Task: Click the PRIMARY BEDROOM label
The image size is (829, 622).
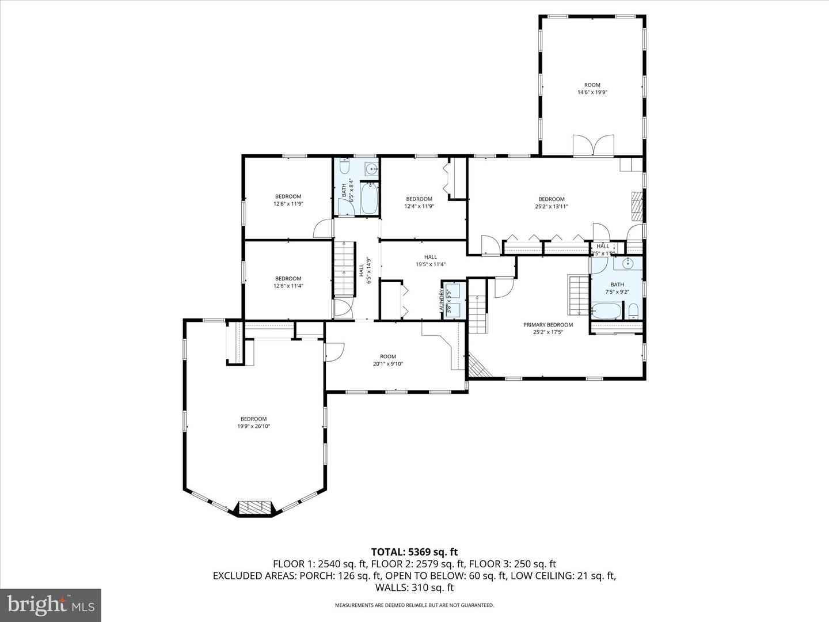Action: click(x=547, y=325)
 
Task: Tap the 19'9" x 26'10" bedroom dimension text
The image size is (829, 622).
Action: click(x=253, y=427)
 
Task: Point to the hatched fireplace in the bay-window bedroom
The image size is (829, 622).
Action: click(x=254, y=507)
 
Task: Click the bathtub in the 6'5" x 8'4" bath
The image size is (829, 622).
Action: click(x=369, y=198)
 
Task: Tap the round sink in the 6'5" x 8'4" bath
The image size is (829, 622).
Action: click(x=372, y=169)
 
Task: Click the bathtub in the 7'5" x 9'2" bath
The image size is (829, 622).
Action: click(x=606, y=312)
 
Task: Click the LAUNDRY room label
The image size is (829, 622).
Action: click(x=442, y=300)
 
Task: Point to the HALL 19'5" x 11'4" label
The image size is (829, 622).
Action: click(x=431, y=261)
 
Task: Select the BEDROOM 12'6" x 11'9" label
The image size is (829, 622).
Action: click(x=288, y=200)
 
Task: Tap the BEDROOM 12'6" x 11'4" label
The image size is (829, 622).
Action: click(x=288, y=282)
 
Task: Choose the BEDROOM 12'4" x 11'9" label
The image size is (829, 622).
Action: click(x=419, y=203)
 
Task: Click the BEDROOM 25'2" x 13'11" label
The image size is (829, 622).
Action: click(x=551, y=203)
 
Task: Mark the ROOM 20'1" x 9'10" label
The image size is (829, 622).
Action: click(x=388, y=360)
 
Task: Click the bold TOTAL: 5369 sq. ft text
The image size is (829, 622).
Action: click(x=414, y=552)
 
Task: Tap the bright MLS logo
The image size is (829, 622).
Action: click(x=51, y=605)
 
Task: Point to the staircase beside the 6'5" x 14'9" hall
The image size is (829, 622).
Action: click(x=343, y=268)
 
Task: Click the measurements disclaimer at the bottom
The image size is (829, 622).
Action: click(x=414, y=605)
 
